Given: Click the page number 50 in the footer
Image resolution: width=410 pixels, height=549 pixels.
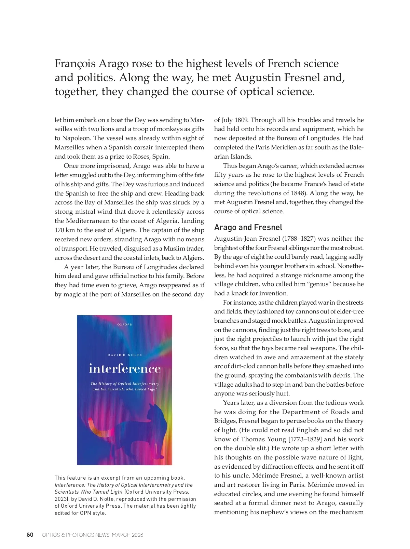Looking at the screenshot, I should tap(30, 535).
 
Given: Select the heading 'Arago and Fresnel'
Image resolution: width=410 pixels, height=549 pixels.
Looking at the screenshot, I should tap(248, 227).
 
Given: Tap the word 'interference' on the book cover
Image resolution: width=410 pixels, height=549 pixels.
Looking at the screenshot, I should tap(125, 369).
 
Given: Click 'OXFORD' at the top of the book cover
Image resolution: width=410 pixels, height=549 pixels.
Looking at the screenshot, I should tap(125, 324).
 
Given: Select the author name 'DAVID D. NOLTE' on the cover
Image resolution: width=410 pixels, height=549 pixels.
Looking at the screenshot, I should tap(125, 355).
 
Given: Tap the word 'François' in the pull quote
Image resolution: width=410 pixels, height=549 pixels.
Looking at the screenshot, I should tap(74, 64).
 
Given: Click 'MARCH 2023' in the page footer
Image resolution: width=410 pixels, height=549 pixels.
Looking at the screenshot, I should tap(127, 535).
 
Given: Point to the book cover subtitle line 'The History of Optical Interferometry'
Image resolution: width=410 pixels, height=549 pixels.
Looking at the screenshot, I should tap(125, 384).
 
